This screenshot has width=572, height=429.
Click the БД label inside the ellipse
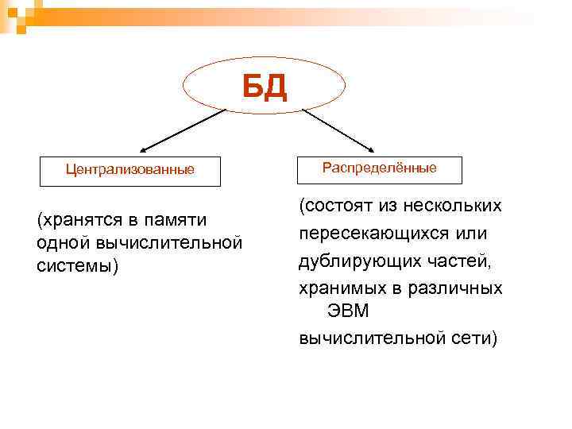tap(265, 86)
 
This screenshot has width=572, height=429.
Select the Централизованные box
tap(130, 169)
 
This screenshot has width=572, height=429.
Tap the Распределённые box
tap(379, 168)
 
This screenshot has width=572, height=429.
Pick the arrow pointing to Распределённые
tap(338, 129)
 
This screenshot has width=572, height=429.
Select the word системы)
tap(77, 265)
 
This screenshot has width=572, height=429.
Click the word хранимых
tap(338, 287)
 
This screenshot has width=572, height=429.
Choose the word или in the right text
tap(471, 234)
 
